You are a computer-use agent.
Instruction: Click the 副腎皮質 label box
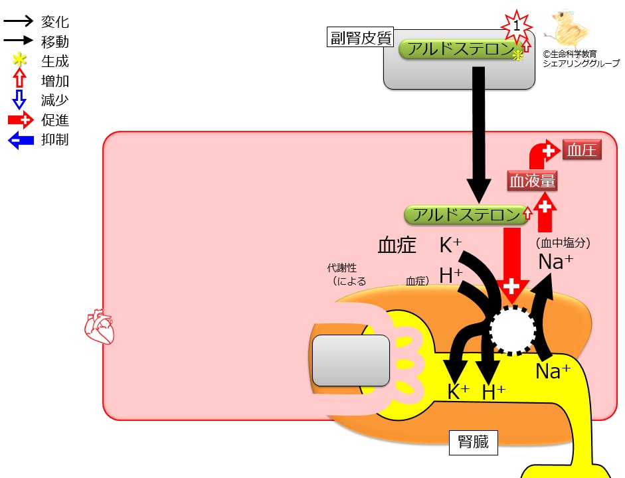(x=361, y=37)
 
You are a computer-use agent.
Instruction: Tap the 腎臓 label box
(x=473, y=442)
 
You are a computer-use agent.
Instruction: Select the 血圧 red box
(x=582, y=150)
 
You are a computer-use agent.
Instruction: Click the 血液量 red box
(x=532, y=181)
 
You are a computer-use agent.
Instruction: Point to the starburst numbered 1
(x=517, y=27)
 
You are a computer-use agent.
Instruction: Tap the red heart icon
(x=99, y=327)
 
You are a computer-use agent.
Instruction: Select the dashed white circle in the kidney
(x=513, y=330)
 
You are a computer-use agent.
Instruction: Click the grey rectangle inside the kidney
(x=351, y=360)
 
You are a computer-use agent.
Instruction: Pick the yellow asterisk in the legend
(x=19, y=60)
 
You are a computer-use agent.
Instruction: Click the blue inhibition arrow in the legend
(x=21, y=140)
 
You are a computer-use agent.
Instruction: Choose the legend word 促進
(x=55, y=120)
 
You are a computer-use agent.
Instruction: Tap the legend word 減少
(x=55, y=100)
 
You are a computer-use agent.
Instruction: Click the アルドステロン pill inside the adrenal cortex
(x=461, y=49)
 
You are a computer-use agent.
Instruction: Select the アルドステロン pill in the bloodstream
(x=466, y=215)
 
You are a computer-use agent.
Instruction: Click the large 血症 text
(x=397, y=245)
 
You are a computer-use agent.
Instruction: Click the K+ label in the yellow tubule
(x=458, y=391)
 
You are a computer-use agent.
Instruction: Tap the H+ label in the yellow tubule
(x=493, y=392)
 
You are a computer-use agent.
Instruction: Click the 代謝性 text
(x=342, y=268)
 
